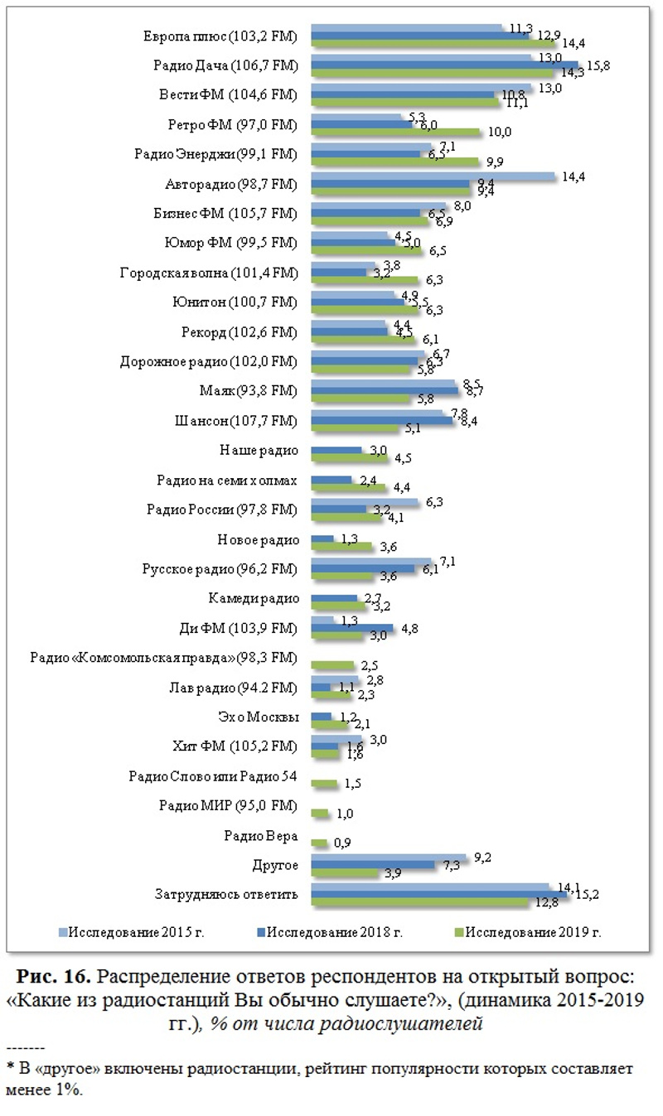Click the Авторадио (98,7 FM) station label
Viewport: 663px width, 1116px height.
coord(231,183)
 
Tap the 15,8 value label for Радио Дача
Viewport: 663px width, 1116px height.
coord(599,65)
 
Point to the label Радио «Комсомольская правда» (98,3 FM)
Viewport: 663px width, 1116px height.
coord(163,659)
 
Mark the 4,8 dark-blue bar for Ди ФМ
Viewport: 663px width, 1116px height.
coord(352,629)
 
